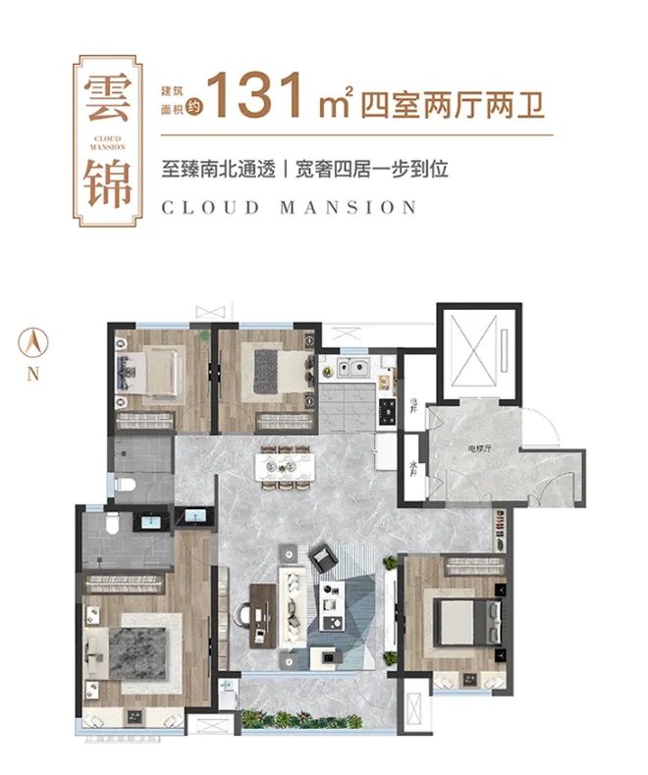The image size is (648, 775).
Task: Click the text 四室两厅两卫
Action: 454,101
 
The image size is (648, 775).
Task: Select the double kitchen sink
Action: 352,370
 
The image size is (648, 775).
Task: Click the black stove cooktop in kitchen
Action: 387,411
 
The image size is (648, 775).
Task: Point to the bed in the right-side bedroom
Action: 461,619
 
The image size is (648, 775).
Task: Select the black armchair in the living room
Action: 325,560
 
